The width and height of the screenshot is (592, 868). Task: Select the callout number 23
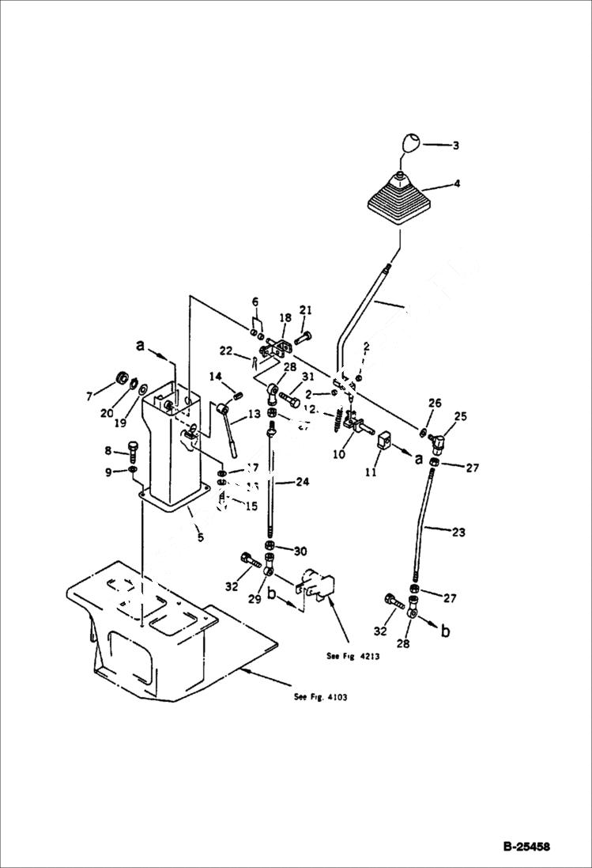(459, 533)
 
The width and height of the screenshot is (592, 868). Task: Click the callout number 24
(303, 482)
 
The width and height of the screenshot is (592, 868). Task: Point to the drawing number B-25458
(526, 847)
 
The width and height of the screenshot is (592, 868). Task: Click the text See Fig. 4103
(320, 697)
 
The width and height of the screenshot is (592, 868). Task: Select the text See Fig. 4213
(352, 656)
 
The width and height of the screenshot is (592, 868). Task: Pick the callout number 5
(200, 537)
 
